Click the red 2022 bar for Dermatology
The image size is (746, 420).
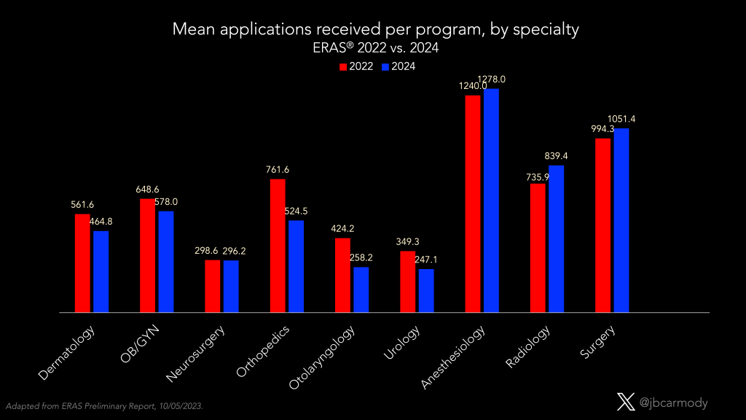pyautogui.click(x=82, y=263)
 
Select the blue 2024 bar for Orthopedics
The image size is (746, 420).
pyautogui.click(x=296, y=266)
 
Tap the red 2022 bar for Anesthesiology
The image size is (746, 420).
pyautogui.click(x=473, y=203)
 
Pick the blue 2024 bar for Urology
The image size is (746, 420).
pyautogui.click(x=425, y=290)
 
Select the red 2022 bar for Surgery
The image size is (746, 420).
pyautogui.click(x=602, y=225)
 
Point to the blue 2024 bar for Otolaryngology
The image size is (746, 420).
pyautogui.click(x=361, y=289)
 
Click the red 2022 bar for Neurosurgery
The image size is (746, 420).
pyautogui.click(x=212, y=286)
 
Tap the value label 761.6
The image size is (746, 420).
pyautogui.click(x=277, y=170)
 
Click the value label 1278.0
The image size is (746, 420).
pyautogui.click(x=491, y=79)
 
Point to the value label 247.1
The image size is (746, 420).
pyautogui.click(x=426, y=260)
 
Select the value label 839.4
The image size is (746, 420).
pyautogui.click(x=557, y=156)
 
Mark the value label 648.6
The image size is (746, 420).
pyautogui.click(x=147, y=190)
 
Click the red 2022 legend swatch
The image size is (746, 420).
pyautogui.click(x=342, y=66)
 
